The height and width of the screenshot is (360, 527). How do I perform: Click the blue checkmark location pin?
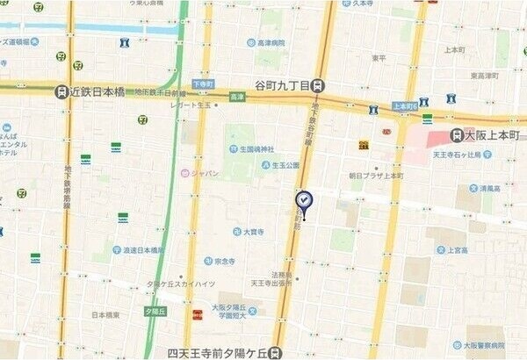click(304, 200)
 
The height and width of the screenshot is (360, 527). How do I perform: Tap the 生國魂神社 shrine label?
click(250, 148)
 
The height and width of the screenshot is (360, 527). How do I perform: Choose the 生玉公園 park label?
click(285, 164)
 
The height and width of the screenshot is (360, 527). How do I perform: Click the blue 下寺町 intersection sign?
click(203, 83)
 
